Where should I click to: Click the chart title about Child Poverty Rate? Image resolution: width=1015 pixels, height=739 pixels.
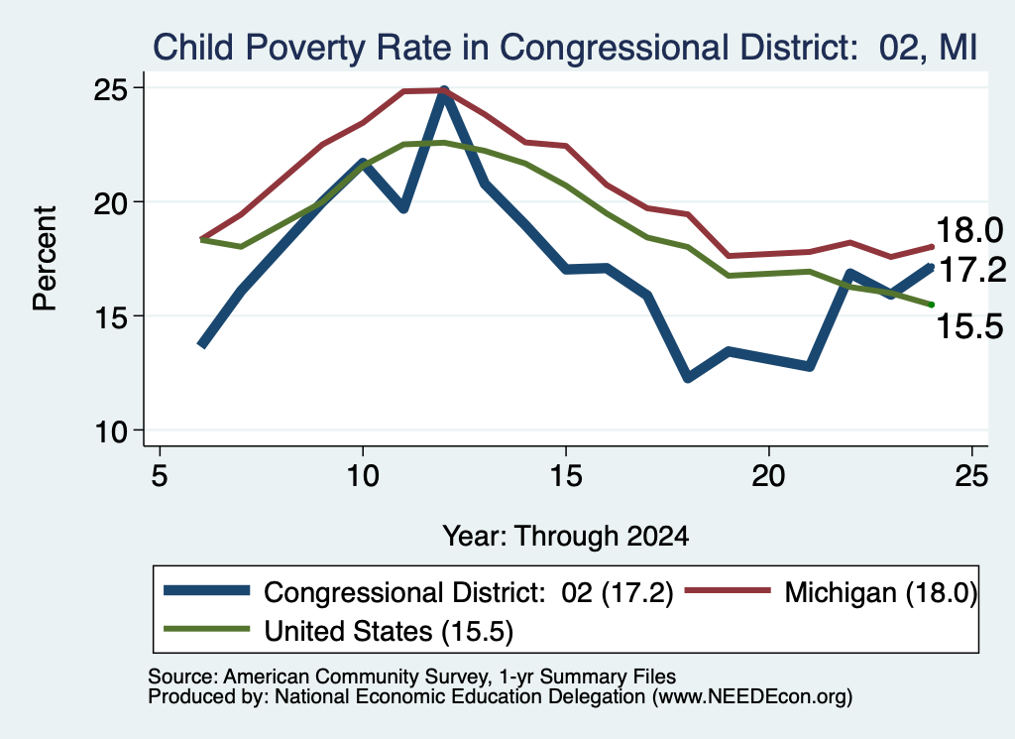pos(564,48)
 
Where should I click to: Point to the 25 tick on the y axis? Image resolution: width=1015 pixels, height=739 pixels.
pos(111,88)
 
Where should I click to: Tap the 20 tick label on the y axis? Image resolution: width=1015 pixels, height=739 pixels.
pos(111,202)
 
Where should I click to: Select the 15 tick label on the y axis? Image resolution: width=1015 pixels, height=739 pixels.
pos(111,316)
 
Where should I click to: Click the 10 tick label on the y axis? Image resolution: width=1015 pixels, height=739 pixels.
pos(111,431)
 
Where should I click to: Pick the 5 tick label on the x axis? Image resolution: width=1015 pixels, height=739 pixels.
pos(160,476)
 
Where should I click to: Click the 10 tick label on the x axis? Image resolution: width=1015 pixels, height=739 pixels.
pos(363,476)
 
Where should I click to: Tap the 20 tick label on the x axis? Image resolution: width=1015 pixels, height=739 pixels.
pos(768,476)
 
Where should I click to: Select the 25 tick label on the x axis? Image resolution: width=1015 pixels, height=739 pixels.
pos(971,476)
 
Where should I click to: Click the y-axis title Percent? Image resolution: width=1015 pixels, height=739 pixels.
pos(45,258)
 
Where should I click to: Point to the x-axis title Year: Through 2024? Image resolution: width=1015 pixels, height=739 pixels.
pos(565,537)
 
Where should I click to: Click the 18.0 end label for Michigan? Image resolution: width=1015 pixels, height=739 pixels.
pos(969,230)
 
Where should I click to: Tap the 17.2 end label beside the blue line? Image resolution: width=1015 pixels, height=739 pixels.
pos(972,270)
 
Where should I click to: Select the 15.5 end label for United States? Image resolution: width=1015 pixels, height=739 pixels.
pos(969,325)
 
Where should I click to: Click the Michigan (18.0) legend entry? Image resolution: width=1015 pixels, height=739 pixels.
pos(832,592)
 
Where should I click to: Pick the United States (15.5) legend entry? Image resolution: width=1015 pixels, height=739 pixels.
pos(339,631)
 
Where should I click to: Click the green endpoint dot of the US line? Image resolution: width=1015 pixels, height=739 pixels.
pos(932,305)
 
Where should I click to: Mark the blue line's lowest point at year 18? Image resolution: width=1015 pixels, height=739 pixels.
pos(688,378)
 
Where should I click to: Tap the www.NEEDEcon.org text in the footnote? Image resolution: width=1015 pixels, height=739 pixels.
pos(752,697)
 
